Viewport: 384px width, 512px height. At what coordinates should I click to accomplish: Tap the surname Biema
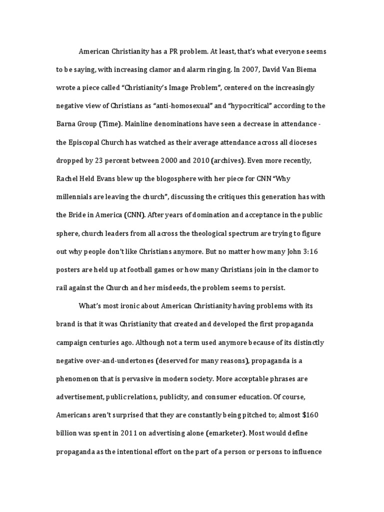tap(306, 70)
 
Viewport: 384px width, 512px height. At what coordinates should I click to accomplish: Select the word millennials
tap(75, 197)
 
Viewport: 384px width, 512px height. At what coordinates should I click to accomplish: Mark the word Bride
tap(77, 215)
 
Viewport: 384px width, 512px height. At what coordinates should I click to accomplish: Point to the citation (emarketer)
tap(220, 433)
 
